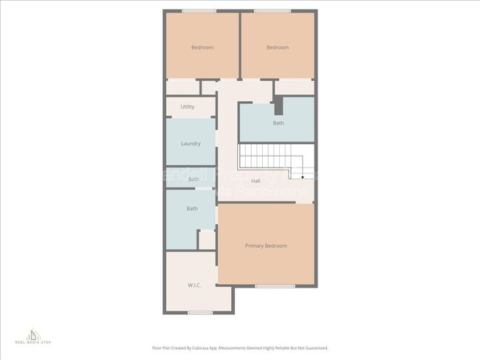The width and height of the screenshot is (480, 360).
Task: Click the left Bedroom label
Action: [x=202, y=47]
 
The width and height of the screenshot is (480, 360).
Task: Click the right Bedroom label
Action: [x=277, y=47]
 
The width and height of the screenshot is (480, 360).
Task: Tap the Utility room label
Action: [x=188, y=107]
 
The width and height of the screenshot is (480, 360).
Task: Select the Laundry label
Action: [x=191, y=143]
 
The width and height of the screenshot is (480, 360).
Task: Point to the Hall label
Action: [x=256, y=181]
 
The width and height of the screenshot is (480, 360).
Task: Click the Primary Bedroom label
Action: [x=266, y=246]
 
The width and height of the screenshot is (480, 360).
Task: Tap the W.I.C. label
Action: [x=195, y=285]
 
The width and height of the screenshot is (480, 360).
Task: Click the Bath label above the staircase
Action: [x=278, y=123]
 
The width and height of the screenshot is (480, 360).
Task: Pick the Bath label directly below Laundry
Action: [x=193, y=179]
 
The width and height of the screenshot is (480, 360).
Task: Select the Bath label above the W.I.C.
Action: [x=192, y=209]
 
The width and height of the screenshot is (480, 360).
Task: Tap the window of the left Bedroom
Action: [x=199, y=10]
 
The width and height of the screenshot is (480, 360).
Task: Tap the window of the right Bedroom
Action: [x=272, y=10]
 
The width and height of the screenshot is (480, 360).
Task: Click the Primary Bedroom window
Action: [x=275, y=285]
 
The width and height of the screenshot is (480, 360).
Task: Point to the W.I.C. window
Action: [x=200, y=313]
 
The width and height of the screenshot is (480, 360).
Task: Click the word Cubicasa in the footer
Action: [x=219, y=348]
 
